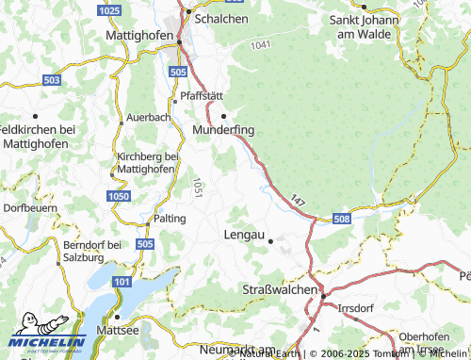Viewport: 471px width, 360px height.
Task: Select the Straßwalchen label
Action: [x=280, y=288]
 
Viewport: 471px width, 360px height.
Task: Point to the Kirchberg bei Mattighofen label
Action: [x=147, y=162]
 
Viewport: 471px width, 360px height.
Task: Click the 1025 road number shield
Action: [x=109, y=9]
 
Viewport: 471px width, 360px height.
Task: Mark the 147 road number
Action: [x=298, y=201]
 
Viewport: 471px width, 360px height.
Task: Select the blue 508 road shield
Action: [x=341, y=220]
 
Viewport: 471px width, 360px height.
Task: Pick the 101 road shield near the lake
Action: [x=122, y=282]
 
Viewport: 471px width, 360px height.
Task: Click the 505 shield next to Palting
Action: [x=143, y=243]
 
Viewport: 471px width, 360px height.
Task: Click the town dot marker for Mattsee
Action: [x=119, y=317]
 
